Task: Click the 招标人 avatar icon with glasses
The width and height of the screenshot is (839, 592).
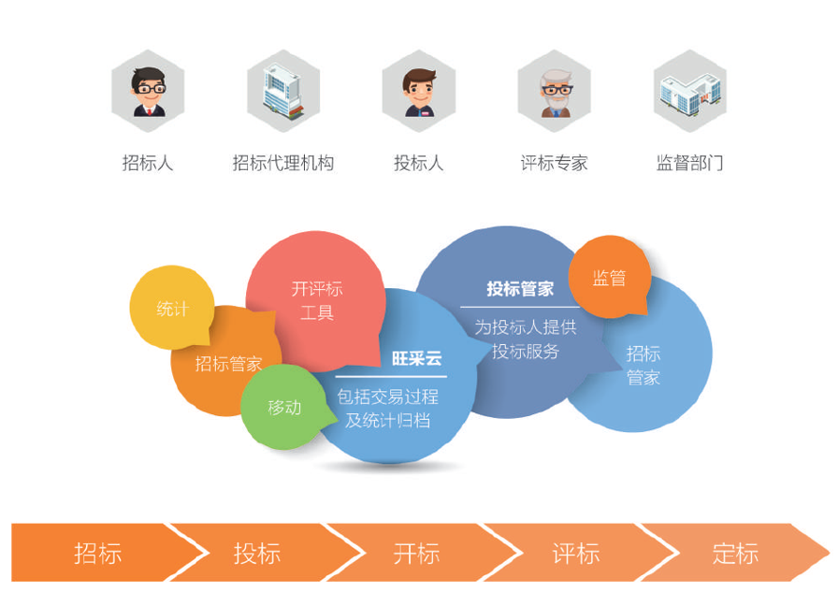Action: (148, 92)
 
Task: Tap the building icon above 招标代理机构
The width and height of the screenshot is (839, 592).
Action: (283, 92)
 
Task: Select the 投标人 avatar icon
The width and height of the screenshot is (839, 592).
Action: (419, 92)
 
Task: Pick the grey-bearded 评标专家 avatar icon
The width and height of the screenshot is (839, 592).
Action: (555, 92)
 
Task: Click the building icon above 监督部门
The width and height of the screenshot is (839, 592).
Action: (689, 92)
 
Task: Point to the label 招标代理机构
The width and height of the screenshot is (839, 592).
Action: (283, 163)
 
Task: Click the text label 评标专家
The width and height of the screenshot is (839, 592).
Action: (555, 163)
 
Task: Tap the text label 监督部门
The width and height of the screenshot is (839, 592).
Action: (689, 163)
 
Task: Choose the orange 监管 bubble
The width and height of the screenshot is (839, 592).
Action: (609, 278)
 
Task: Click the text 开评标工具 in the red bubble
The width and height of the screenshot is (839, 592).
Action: (317, 301)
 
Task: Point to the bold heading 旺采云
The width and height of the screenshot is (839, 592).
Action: (416, 358)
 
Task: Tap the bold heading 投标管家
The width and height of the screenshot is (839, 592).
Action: (520, 289)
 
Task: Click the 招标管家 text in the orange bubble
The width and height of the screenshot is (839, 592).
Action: (228, 364)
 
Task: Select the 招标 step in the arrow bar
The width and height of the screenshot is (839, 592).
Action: (98, 553)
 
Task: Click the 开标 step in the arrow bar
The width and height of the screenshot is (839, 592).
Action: (416, 553)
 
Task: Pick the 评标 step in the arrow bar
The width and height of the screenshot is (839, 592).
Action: (575, 553)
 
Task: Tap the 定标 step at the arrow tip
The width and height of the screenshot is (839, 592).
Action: (735, 553)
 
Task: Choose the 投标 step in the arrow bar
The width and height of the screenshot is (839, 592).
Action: (257, 553)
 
